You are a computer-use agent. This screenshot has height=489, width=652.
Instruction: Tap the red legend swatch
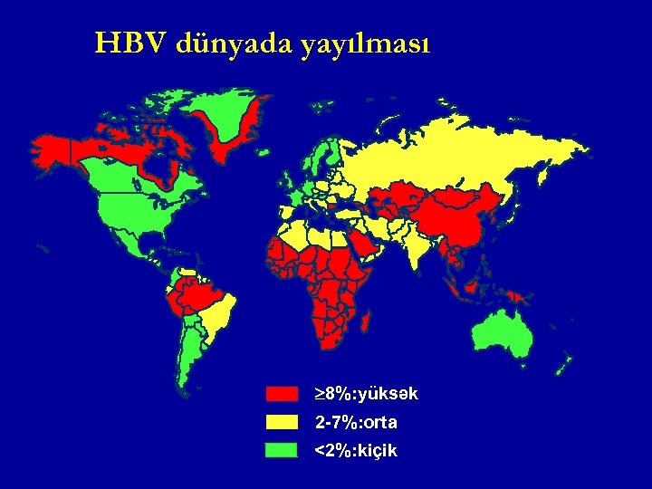(282, 394)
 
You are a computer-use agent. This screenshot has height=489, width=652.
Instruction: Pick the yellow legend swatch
(282, 422)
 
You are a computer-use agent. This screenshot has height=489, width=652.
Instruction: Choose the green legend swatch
(282, 450)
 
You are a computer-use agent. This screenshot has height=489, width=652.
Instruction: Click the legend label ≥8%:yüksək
(366, 394)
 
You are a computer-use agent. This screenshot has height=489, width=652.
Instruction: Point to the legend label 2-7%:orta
(356, 422)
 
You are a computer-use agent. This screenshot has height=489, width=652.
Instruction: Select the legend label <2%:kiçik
(356, 450)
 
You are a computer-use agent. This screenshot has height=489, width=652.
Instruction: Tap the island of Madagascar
(370, 320)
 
